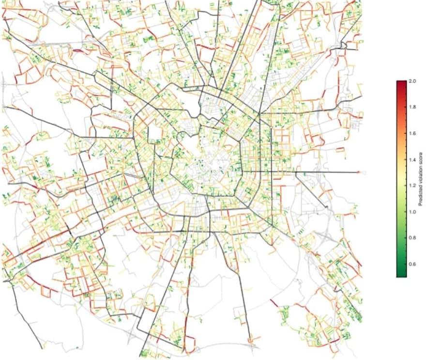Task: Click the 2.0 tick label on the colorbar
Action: pos(413,80)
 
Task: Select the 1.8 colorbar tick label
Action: pos(413,107)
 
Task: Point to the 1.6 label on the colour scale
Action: pos(413,133)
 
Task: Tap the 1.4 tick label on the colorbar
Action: pos(413,159)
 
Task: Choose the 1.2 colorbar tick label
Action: pos(413,186)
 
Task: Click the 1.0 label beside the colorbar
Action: pos(413,212)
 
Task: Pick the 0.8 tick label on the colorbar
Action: pos(413,238)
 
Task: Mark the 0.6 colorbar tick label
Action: pos(413,265)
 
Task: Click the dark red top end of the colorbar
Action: pos(401,83)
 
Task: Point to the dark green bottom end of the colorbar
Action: pos(401,274)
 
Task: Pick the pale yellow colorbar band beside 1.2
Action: pos(401,186)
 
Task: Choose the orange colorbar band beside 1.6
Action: pos(401,133)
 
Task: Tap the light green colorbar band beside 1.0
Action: pos(401,212)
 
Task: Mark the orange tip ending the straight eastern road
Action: pos(358,172)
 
